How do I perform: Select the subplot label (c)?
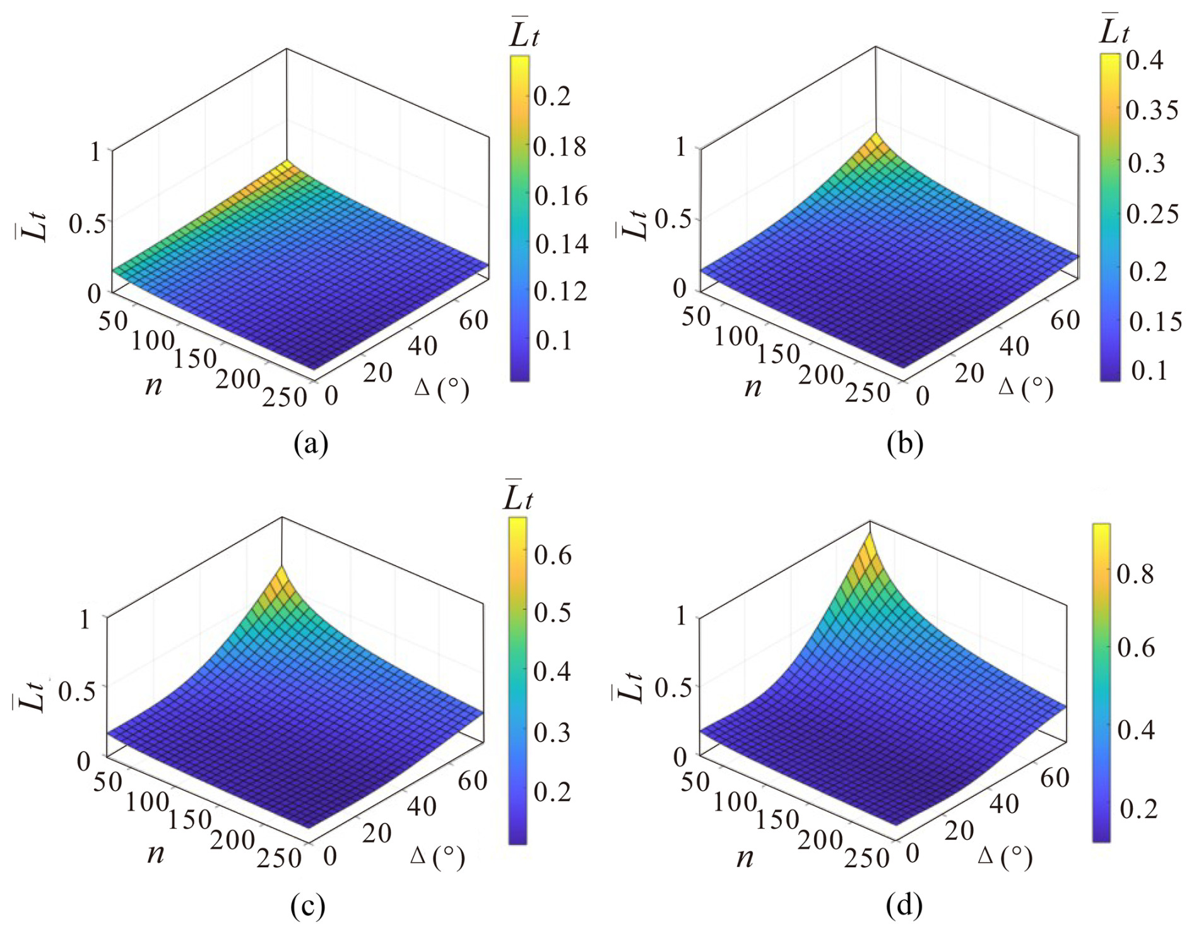pos(307,907)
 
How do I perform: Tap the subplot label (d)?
pos(904,907)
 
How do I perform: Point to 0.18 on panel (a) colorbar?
pos(560,147)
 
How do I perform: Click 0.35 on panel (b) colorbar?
pos(1152,110)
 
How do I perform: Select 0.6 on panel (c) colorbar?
pos(552,555)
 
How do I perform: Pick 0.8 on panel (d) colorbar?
pos(1135,574)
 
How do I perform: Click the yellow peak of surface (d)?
pos(870,543)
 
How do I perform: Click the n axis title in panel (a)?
pos(153,384)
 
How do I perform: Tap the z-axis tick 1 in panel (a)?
pos(95,152)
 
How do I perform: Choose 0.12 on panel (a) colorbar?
pos(560,292)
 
